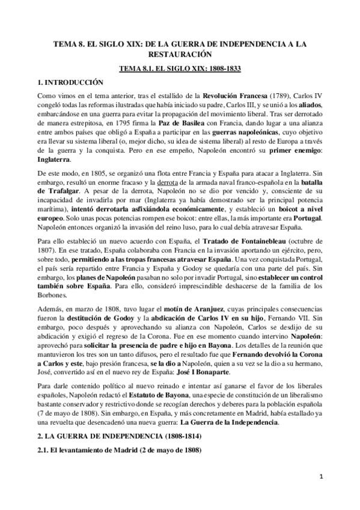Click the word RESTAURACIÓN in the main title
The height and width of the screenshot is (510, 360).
pyautogui.click(x=180, y=54)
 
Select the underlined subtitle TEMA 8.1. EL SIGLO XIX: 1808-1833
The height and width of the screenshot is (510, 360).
pyautogui.click(x=180, y=68)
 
